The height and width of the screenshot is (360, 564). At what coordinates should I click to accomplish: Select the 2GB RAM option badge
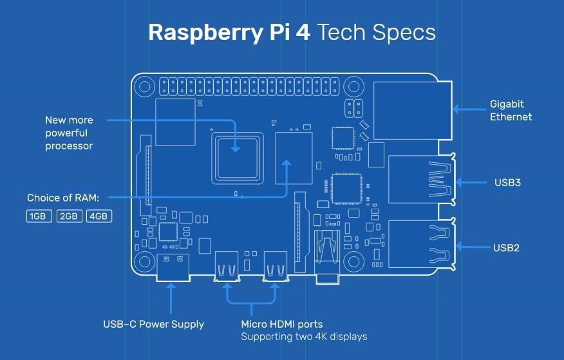70,216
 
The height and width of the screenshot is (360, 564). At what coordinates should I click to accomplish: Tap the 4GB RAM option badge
99,216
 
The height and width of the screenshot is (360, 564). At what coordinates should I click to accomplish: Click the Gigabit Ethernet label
511,110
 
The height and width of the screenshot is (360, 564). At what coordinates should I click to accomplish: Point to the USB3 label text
507,182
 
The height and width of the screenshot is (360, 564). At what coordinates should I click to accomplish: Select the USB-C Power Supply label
154,324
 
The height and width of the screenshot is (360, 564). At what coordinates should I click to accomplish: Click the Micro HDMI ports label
281,324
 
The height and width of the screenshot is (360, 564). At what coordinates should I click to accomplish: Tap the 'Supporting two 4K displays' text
304,337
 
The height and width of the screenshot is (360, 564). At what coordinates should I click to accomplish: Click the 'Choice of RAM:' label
68,198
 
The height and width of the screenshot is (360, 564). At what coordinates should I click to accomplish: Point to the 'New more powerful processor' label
69,133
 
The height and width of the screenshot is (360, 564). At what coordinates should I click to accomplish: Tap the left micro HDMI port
228,266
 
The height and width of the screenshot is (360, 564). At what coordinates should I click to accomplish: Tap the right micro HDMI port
275,266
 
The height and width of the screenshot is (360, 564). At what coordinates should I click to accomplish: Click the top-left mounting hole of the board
144,86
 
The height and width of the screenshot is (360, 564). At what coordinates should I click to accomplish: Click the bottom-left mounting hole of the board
144,260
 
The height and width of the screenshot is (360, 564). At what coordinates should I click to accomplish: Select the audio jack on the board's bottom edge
326,258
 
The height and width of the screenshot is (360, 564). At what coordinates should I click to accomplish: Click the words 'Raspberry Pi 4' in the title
228,33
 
